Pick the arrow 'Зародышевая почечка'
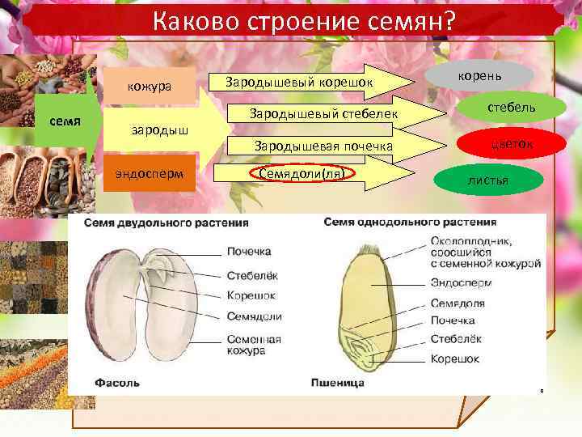pos(324,146)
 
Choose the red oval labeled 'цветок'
pos(500,144)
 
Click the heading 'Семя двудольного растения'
pos(162,223)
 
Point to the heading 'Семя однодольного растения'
pos(410,222)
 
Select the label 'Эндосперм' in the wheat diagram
pos(458,284)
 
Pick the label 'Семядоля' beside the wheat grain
pos(458,303)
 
